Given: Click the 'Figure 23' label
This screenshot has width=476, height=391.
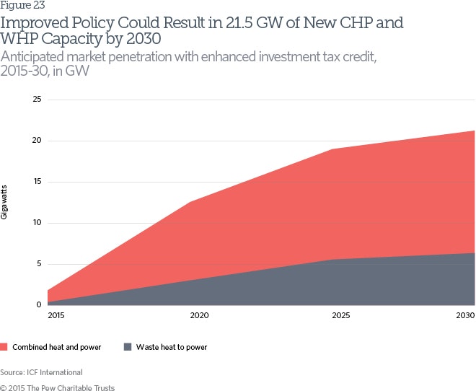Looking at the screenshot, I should click(x=22, y=6).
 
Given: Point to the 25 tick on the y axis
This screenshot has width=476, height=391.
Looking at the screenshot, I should click(x=37, y=99).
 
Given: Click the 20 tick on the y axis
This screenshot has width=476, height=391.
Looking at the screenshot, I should click(x=37, y=141).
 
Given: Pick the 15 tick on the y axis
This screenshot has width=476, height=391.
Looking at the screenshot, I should click(x=37, y=182).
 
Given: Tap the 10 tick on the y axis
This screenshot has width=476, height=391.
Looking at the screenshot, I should click(x=37, y=223).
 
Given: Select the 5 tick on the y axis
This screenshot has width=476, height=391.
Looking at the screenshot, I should click(x=39, y=264).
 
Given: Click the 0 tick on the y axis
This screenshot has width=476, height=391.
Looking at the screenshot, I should click(x=39, y=305).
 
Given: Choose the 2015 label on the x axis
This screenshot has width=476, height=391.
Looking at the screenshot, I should click(x=56, y=316).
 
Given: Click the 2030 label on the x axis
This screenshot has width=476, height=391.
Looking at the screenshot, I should click(x=466, y=316).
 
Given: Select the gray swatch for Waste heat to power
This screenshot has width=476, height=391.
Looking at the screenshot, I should click(x=128, y=347).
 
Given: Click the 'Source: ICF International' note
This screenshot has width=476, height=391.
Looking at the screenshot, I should click(x=42, y=372).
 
